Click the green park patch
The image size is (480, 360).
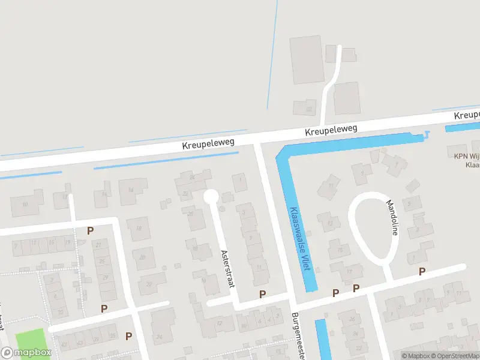tap(30, 340)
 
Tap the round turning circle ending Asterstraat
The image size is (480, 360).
tap(211, 197)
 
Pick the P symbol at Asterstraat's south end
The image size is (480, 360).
tap(262, 294)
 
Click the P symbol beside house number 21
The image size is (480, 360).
tap(91, 230)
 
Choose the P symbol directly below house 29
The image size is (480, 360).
tap(104, 308)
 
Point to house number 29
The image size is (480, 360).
tap(106, 278)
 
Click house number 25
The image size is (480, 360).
tap(102, 261)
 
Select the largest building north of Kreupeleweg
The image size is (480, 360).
tap(307, 59)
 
